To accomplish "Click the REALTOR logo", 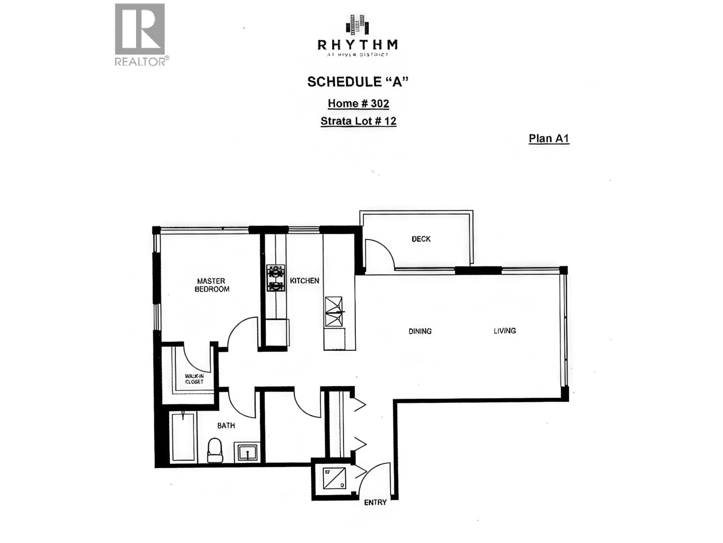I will coord(140,34).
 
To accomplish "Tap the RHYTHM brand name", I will coord(358,44).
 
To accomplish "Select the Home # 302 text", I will coord(358,104).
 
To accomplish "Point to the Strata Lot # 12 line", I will coord(358,121).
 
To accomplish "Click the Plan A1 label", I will coord(549,138).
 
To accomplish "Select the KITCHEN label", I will coord(304,281).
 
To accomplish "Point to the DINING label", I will coord(420,331).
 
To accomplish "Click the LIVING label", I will coord(505,331).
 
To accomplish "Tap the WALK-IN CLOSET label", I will coord(194,379).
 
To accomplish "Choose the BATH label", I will coord(226,426).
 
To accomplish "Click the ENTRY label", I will coord(375,502).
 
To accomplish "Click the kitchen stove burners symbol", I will coord(275,278).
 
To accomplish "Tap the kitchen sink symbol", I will coord(333,312).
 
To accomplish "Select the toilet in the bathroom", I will coord(215,451).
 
